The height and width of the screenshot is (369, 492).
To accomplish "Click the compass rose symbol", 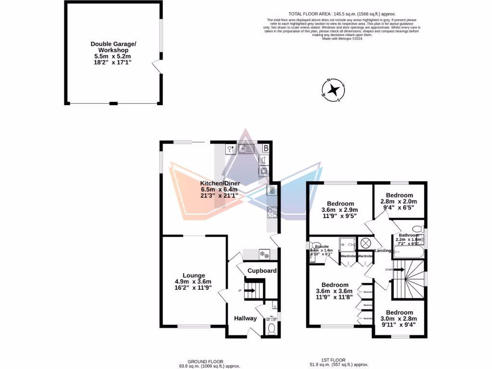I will (332, 90).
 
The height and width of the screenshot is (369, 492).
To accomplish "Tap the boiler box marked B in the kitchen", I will (266, 148).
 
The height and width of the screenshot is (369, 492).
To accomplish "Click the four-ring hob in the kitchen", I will (271, 211).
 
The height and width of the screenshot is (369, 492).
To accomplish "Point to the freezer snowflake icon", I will (264, 254).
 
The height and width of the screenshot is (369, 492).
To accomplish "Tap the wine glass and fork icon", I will (231, 149).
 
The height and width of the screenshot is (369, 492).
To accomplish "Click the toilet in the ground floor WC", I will (271, 328).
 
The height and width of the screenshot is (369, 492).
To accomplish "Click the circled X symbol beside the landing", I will (365, 244).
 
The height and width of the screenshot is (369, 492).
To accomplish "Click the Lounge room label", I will (194, 275).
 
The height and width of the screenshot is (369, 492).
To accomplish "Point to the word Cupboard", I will (262, 271).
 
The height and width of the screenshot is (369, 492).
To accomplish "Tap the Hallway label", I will (245, 318).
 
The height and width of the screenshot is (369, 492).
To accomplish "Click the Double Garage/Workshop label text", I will (113, 47).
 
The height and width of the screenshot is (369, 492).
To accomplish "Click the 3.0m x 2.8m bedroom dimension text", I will (399, 319).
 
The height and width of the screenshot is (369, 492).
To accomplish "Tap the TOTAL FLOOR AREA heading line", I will (342, 14).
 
